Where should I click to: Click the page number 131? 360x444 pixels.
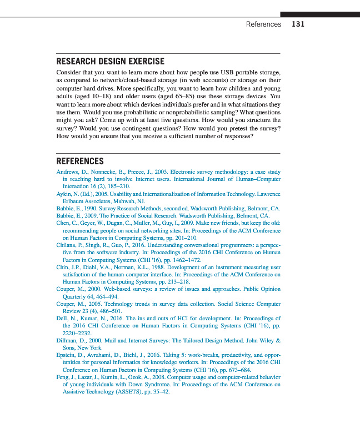click(x=298, y=24)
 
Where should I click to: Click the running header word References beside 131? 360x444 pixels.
click(x=263, y=24)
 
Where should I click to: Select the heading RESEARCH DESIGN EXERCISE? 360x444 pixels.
click(x=111, y=61)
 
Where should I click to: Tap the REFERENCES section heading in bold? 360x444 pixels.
click(x=80, y=162)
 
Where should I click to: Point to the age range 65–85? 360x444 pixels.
click(x=201, y=96)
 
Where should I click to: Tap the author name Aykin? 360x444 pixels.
click(x=65, y=194)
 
